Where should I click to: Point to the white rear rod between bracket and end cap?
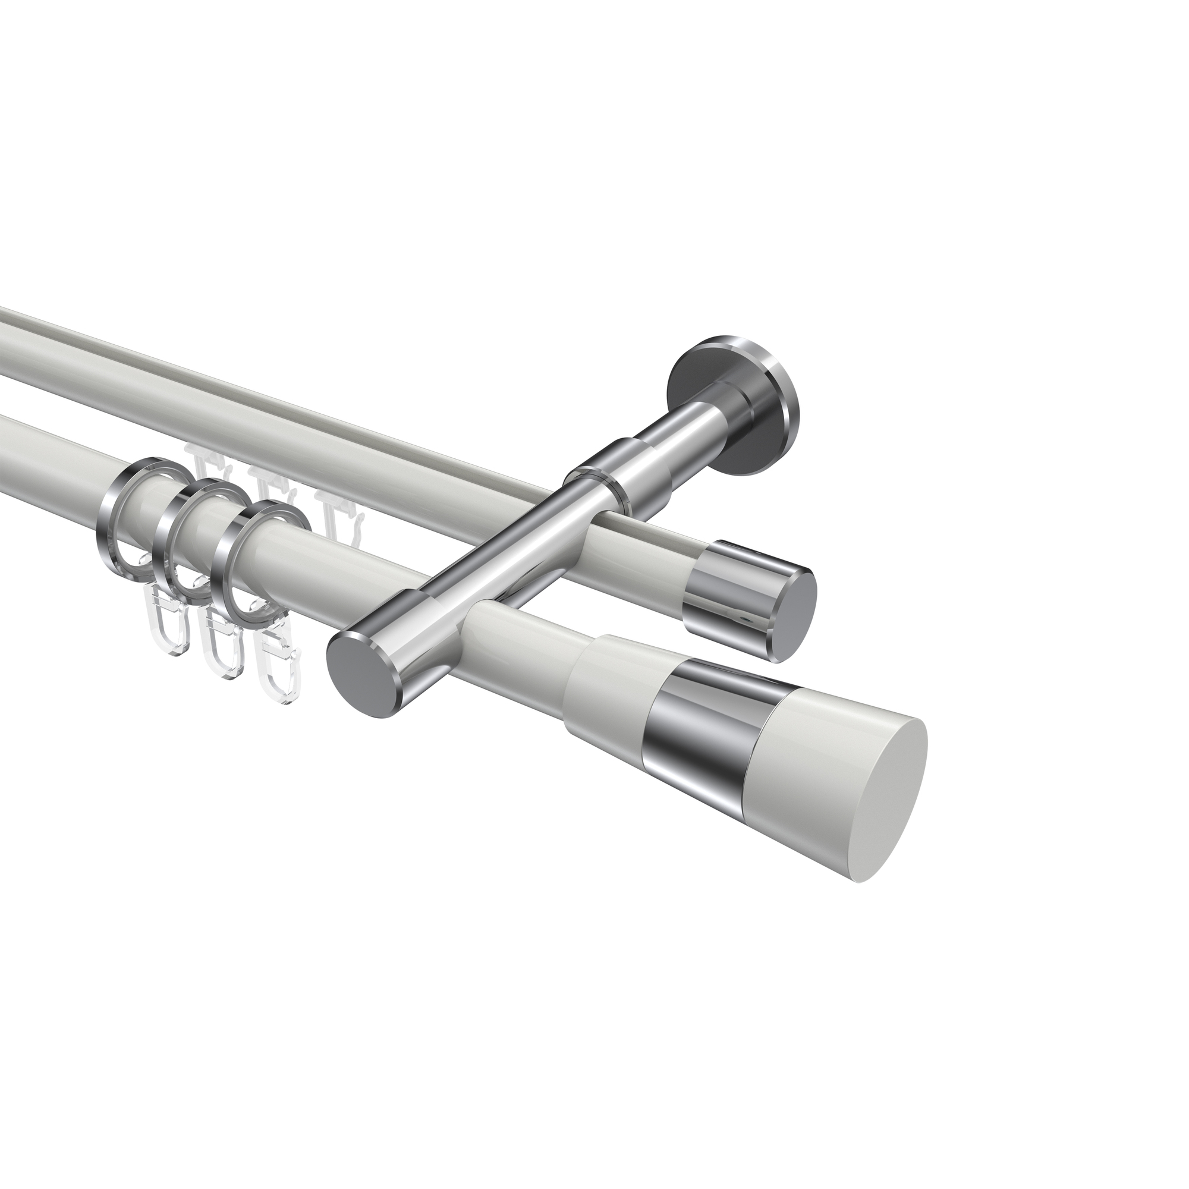(652, 554)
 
